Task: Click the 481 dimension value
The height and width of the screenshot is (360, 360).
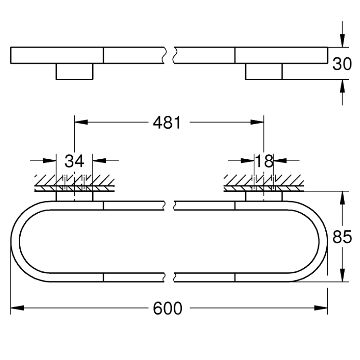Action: tap(167, 122)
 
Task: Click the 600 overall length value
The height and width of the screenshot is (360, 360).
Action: tap(167, 308)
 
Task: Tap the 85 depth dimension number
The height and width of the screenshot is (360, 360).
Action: tap(342, 237)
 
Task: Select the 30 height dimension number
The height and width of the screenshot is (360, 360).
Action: tap(342, 63)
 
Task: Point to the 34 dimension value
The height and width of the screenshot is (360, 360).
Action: tap(74, 161)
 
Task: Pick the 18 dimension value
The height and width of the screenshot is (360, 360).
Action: tap(264, 161)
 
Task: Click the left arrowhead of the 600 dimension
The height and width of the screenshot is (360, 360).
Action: tap(17, 308)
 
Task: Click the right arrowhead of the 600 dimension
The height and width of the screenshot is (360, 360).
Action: tap(321, 308)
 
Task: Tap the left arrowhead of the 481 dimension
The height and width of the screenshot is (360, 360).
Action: tap(81, 122)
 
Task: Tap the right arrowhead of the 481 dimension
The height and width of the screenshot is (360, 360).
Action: tap(257, 122)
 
